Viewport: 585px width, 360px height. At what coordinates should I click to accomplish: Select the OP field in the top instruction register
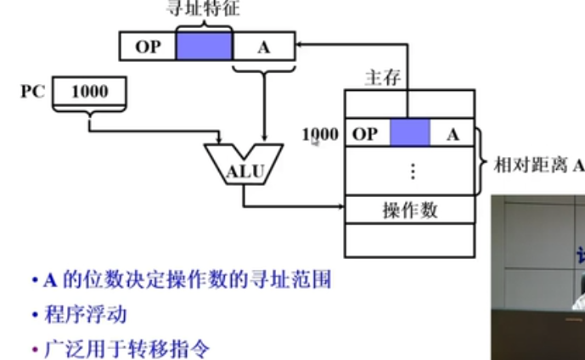click(148, 47)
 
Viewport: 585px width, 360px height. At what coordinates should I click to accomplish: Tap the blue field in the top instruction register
click(204, 45)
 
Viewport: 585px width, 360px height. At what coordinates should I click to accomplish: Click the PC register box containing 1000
click(89, 91)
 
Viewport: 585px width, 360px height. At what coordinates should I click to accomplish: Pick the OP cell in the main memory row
click(365, 134)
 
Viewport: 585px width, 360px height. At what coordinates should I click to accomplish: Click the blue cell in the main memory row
click(409, 134)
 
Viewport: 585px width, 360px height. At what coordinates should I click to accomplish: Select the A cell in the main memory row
click(453, 134)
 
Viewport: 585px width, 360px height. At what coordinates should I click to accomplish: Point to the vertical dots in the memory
click(411, 171)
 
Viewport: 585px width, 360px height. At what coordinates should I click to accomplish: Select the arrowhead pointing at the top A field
click(300, 46)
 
